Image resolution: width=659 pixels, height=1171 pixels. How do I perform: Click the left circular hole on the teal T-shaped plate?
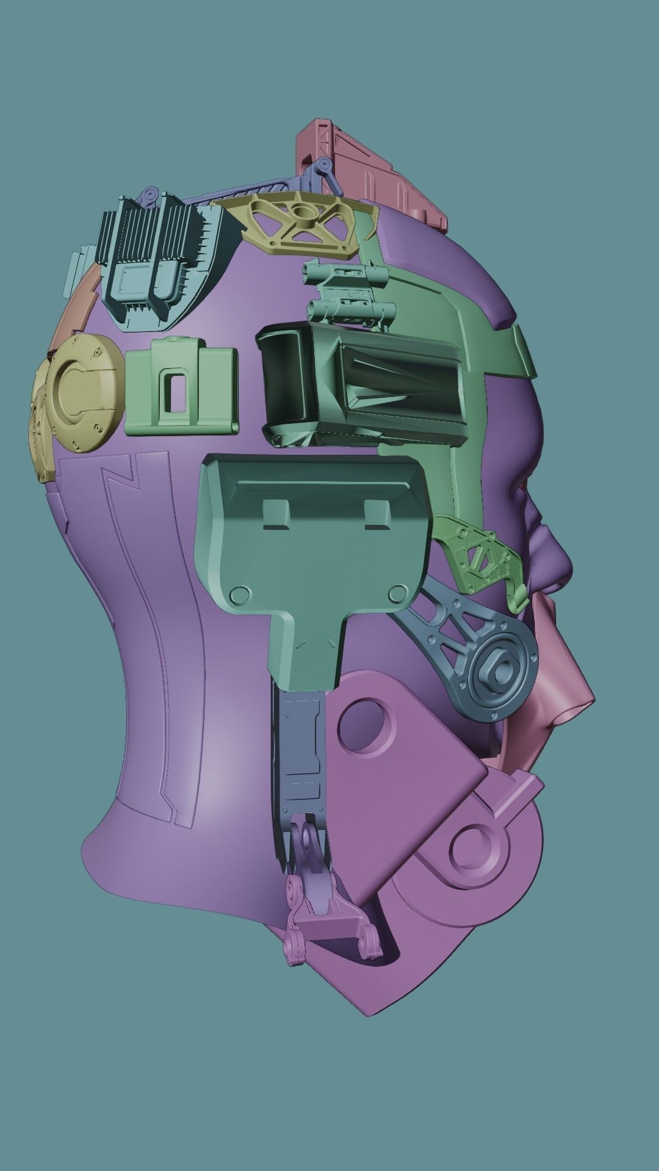tap(239, 594)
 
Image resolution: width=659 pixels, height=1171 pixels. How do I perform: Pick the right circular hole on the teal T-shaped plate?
tap(397, 592)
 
